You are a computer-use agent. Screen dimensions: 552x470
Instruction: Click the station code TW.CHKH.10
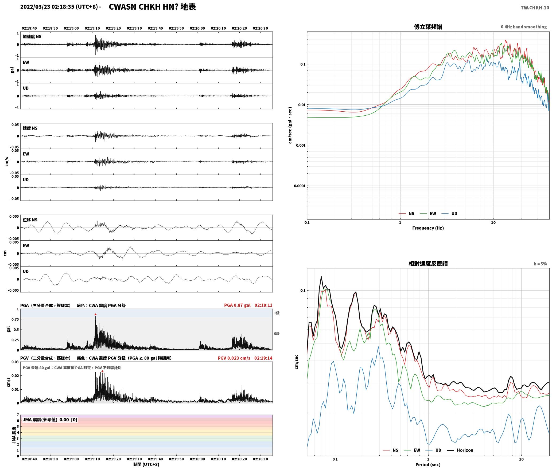point(535,8)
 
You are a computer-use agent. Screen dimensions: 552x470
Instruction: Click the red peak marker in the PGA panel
point(95,315)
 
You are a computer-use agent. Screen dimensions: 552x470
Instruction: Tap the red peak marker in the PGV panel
point(102,371)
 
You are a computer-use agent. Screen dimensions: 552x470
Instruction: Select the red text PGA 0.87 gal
point(237,305)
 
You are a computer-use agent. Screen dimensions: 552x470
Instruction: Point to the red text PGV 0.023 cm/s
point(234,358)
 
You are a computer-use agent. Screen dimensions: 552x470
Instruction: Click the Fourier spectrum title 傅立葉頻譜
point(428,27)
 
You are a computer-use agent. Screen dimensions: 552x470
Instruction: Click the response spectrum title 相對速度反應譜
point(428,264)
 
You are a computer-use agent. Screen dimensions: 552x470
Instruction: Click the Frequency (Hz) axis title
point(428,228)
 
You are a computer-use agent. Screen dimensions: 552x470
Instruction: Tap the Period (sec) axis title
point(428,465)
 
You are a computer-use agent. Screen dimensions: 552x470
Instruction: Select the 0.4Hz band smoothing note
point(524,27)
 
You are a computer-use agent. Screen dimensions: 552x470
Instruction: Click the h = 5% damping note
point(540,264)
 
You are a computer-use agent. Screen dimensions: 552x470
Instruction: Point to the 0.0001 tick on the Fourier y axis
point(300,186)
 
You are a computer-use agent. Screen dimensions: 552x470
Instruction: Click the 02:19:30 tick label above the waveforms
point(134,28)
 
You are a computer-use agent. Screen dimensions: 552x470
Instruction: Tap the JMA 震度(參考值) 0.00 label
point(46,420)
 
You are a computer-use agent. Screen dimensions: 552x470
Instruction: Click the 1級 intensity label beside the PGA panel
point(277,313)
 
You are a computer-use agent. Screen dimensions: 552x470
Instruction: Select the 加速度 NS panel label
point(32,37)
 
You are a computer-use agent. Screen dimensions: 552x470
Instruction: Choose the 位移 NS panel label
point(30,220)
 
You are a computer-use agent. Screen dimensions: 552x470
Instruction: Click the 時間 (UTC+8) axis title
point(146,464)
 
